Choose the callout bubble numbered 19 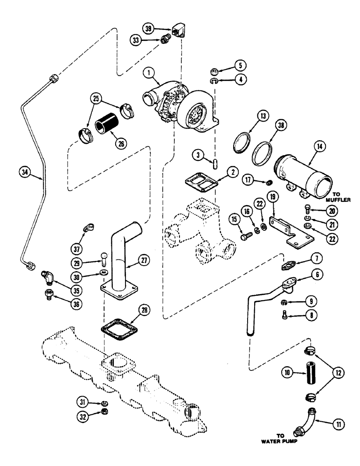(x=272, y=199)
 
